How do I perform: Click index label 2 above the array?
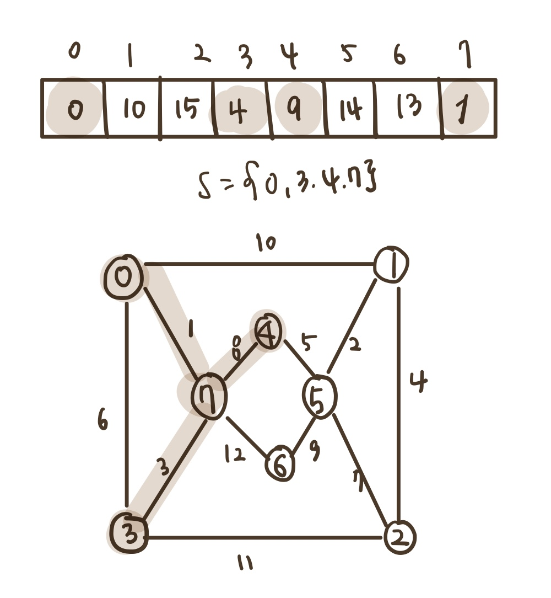202,55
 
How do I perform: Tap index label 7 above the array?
468,56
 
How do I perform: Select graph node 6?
280,465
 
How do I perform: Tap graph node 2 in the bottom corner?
399,537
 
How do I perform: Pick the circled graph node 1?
391,265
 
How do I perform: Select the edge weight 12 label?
234,453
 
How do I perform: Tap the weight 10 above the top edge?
266,243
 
